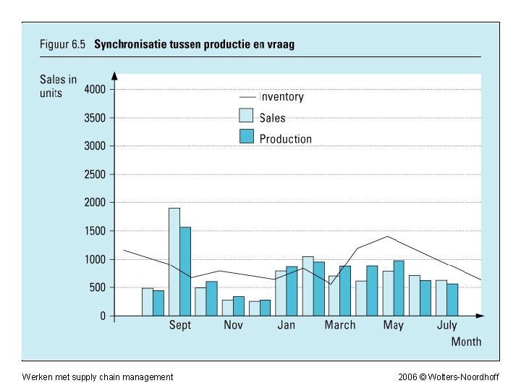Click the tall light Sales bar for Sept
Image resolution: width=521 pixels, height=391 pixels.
[174, 261]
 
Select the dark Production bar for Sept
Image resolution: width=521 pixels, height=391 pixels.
[186, 272]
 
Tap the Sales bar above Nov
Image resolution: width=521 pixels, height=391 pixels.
[227, 308]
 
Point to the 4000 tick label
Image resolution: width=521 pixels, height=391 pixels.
[95, 89]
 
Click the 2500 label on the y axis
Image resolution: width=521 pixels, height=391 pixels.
[95, 174]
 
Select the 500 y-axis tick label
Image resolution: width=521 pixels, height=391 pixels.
[98, 287]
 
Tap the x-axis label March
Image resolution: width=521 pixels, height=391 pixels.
[340, 325]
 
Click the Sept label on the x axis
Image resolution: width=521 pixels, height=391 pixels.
[180, 325]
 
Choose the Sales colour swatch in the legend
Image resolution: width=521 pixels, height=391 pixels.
[246, 116]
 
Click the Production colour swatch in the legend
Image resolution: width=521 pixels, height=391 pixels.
[246, 137]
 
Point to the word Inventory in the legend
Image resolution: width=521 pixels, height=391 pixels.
[281, 97]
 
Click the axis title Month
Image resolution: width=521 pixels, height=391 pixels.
[466, 342]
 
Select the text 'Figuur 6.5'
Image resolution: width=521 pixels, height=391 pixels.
[62, 44]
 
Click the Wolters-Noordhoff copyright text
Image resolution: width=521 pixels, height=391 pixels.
[459, 377]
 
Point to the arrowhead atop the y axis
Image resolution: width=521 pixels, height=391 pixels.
[114, 75]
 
